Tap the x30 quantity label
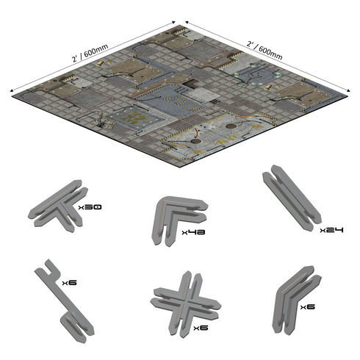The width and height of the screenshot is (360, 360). pos(90,208)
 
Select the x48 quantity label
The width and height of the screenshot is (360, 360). pos(192,233)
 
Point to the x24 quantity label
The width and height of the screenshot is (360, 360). pos(332,230)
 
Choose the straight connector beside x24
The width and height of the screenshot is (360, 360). pos(292,198)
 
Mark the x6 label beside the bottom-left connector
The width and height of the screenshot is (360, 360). pos(69,282)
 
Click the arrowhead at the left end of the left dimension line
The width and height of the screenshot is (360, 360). pos(10,90)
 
